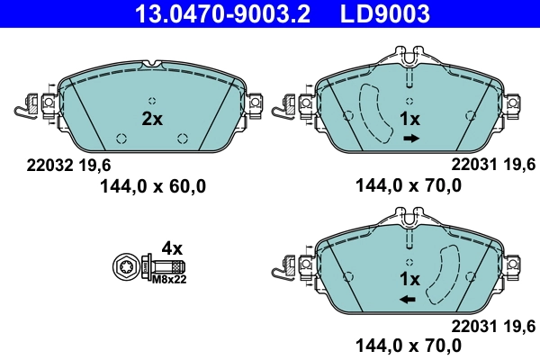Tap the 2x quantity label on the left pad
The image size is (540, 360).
click(152, 119)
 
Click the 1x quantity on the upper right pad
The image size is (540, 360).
click(410, 119)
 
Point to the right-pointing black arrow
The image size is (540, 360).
click(411, 139)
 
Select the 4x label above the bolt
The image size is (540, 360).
click(171, 247)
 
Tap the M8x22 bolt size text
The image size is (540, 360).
click(168, 280)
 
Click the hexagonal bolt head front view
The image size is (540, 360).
click(127, 267)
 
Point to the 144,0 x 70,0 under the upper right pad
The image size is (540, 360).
click(409, 187)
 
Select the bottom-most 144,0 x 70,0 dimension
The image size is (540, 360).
click(409, 345)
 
